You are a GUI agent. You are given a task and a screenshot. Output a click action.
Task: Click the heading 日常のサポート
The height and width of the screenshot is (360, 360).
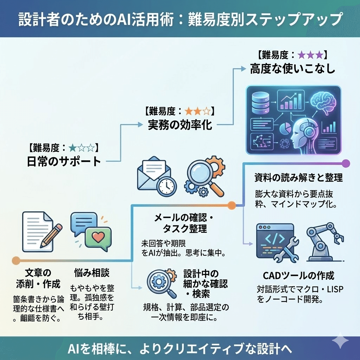64,162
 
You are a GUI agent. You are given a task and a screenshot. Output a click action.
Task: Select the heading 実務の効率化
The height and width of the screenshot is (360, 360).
180,125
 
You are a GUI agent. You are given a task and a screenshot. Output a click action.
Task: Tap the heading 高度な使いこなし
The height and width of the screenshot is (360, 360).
292,69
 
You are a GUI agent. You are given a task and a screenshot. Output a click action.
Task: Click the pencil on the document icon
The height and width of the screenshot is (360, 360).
51,236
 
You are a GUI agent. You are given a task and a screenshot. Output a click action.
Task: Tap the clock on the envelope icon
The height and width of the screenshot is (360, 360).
167,186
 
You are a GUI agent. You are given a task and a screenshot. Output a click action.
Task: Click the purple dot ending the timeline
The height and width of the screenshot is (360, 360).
346,163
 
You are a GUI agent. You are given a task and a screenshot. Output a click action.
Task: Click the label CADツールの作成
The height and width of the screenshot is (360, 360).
298,276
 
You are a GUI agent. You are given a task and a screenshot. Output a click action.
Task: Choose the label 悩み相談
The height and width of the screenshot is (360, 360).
92,273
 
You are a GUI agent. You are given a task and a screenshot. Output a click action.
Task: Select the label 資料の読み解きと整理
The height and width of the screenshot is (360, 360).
298,178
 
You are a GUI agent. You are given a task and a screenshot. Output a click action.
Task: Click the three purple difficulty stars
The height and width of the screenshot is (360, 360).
310,55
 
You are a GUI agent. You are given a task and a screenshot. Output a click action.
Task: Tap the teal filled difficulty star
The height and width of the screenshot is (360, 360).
73,148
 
